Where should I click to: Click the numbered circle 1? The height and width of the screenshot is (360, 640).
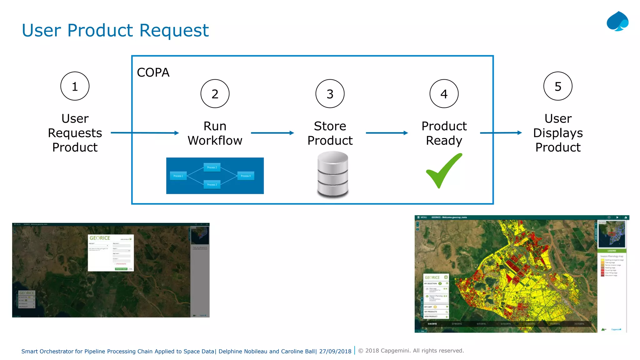coord(75,86)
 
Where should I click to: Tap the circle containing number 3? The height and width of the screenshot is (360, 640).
coord(330,94)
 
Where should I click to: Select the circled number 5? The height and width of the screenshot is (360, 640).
coord(557,86)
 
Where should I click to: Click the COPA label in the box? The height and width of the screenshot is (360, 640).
coord(153,72)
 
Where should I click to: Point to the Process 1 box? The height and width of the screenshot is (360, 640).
coord(178,176)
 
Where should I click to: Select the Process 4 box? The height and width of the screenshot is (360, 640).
coord(246,176)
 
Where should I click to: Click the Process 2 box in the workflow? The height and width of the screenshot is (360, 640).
coord(212,167)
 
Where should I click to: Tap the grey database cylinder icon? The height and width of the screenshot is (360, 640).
coord(332,174)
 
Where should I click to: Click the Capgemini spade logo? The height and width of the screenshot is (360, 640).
coord(617,21)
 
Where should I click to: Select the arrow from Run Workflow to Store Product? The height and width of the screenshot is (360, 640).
coord(272,133)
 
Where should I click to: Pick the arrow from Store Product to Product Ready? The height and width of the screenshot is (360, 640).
coord(387,133)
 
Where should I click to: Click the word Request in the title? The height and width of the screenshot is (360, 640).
coord(174,30)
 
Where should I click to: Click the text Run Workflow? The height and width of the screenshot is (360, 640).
coord(215,133)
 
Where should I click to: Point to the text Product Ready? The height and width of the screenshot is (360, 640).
coord(444,133)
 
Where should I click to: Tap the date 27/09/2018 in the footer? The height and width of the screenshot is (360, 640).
coord(335,351)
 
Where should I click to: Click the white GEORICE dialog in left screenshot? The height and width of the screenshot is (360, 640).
coord(111,252)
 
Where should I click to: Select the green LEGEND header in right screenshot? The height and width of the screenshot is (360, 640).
coord(612,251)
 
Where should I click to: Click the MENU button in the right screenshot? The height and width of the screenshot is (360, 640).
coord(422,217)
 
